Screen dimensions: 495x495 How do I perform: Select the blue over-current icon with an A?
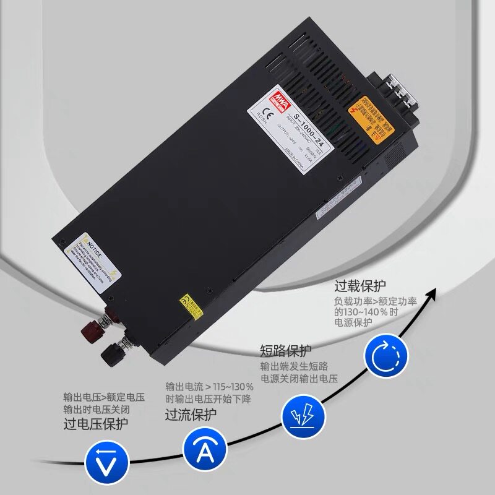tap(201, 446)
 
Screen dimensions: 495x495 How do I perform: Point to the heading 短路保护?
tap(286, 351)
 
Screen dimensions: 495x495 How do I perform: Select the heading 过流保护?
tap(191, 414)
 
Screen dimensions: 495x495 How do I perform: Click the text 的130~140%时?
tap(364, 312)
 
